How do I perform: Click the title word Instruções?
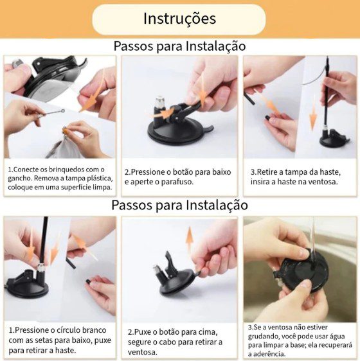[179, 19]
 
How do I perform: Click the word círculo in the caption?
[67, 330]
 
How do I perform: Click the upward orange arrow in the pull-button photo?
[190, 240]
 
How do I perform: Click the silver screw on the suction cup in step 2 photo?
[159, 102]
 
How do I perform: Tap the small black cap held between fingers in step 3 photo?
[267, 118]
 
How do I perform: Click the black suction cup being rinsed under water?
[302, 272]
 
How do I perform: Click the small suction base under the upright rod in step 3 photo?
[333, 140]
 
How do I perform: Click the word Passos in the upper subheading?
[134, 46]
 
